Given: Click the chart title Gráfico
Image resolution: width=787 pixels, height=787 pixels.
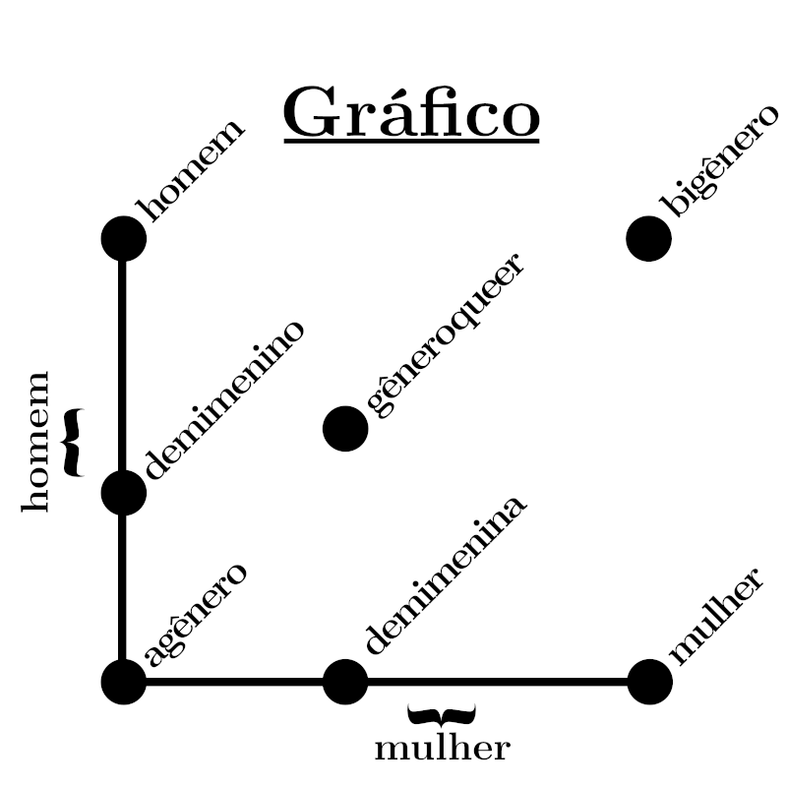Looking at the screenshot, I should (x=411, y=114).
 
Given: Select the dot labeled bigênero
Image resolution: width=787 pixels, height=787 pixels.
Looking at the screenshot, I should (x=648, y=238).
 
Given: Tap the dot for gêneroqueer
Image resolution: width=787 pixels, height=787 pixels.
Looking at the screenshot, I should (x=345, y=428).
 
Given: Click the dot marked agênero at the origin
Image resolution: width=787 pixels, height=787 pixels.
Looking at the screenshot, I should (x=124, y=681).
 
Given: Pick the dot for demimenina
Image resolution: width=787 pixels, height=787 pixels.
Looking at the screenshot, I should (x=345, y=681).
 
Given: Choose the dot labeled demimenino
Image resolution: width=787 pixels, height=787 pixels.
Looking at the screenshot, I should (x=124, y=492).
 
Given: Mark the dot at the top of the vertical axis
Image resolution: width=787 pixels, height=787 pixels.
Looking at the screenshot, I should (x=124, y=238).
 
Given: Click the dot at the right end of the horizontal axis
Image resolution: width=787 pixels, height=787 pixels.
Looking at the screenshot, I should (x=648, y=681).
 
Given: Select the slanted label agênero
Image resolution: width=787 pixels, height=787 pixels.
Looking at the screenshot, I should (x=195, y=615).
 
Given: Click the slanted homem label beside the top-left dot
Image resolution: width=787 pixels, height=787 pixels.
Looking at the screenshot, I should (x=193, y=169).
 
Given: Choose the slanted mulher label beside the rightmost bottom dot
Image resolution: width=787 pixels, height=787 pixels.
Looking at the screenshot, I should (x=714, y=615).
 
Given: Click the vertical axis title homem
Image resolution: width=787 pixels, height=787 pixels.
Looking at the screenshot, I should (x=35, y=441).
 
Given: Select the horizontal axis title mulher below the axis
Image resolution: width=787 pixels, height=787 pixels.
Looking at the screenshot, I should (x=443, y=749).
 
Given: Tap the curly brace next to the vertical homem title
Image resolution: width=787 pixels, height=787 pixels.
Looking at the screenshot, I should (x=72, y=442).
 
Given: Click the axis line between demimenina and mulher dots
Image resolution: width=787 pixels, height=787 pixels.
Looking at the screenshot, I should (x=497, y=681).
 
